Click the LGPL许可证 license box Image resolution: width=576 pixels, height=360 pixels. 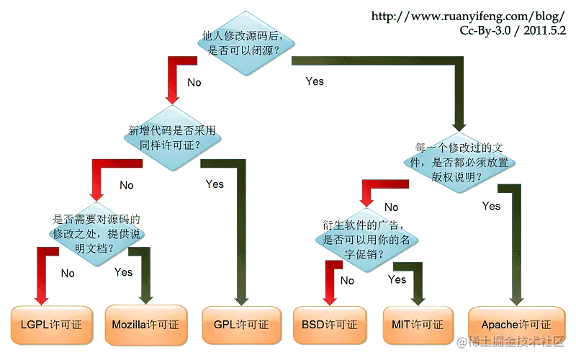51,325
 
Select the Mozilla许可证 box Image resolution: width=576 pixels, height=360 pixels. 146,325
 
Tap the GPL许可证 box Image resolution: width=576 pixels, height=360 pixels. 241,325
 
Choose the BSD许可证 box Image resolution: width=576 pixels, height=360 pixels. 330,325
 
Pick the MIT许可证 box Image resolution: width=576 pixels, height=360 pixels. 418,325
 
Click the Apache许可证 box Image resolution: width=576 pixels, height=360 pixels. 516,325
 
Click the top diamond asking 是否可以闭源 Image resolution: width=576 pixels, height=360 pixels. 246,43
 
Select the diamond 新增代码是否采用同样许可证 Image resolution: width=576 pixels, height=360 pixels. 172,138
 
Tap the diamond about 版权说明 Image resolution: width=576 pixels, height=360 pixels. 459,163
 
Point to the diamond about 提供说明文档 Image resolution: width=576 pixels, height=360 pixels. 96,234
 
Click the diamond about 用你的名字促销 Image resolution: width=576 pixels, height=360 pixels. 366,240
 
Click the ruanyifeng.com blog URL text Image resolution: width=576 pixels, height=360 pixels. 467,16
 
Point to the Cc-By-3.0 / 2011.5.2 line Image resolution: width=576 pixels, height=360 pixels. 513,30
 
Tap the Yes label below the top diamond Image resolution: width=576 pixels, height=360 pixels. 315,81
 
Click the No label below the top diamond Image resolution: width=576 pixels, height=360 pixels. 194,82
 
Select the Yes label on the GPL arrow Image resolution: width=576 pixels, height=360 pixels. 215,184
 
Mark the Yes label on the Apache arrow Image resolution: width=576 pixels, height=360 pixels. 491,206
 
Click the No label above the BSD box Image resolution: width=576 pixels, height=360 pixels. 347,281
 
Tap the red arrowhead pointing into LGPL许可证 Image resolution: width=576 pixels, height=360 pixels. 41,300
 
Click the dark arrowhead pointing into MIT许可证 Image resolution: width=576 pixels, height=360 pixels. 418,300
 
